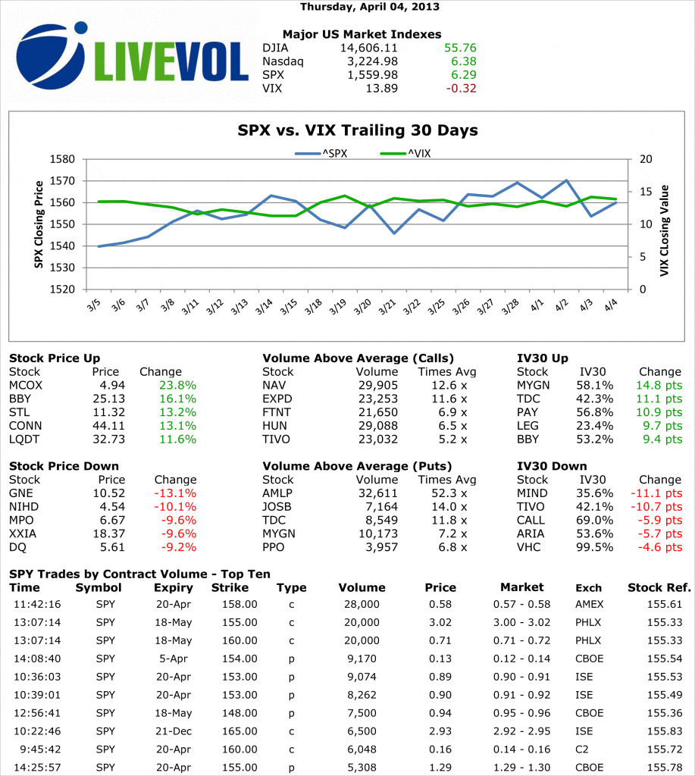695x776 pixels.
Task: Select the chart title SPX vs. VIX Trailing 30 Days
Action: (358, 130)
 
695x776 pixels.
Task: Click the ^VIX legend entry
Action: (409, 153)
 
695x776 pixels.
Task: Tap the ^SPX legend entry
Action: (321, 153)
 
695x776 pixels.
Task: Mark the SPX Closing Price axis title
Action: (38, 224)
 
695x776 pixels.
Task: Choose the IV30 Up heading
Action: (542, 358)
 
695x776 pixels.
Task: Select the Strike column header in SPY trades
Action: (230, 587)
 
